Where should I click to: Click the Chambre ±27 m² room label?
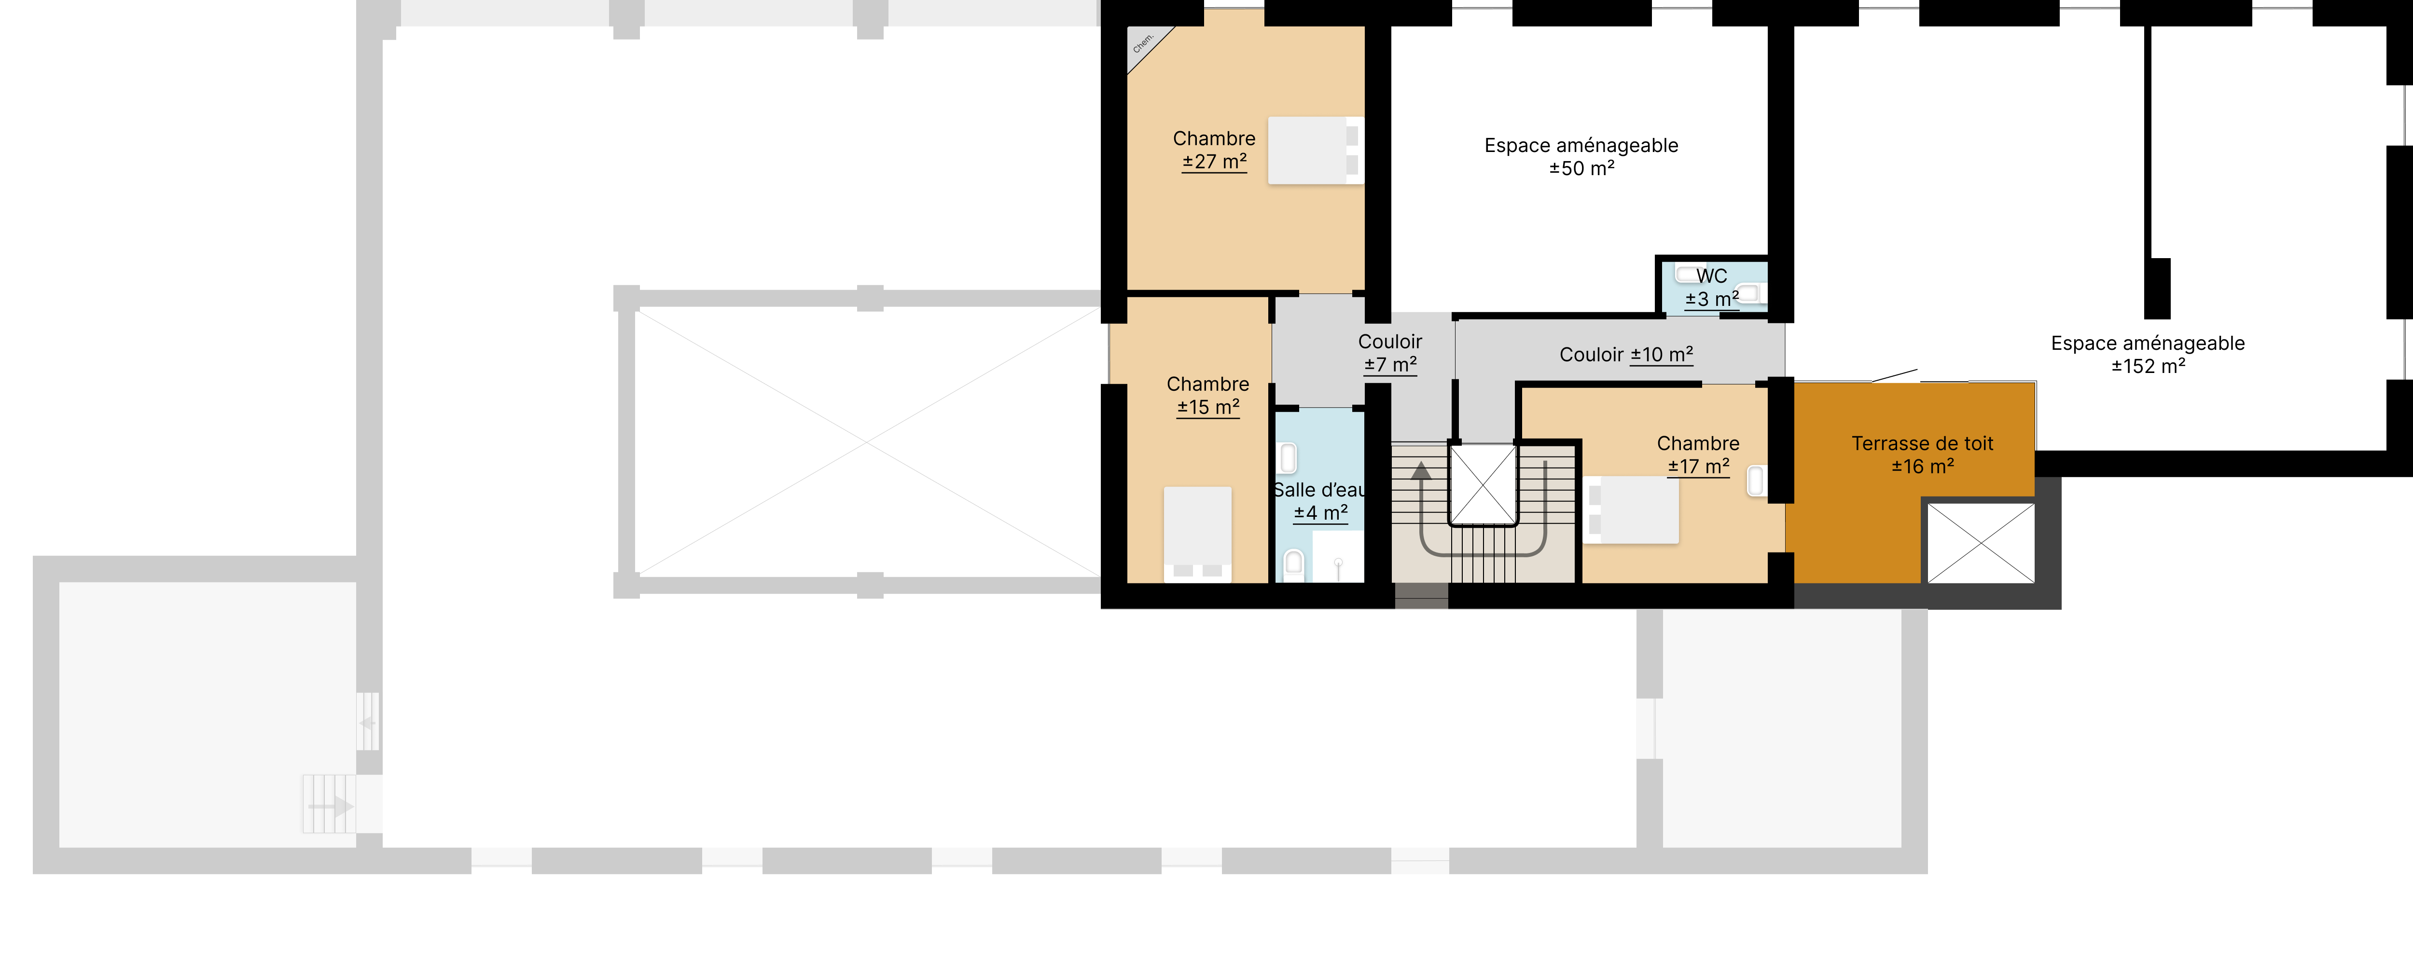coord(1214,150)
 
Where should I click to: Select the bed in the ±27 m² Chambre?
coord(1315,150)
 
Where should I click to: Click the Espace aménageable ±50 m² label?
coord(1581,156)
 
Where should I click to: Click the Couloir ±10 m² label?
coord(1626,354)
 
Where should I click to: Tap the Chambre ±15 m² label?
coord(1207,395)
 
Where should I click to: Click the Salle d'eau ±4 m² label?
coord(1320,501)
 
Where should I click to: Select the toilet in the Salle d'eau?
coord(1294,565)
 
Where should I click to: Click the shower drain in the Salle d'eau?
coord(1339,563)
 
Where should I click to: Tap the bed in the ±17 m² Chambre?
coord(1630,510)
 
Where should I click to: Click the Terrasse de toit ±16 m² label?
coord(1922,455)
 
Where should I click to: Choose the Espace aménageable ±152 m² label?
coord(2148,354)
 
